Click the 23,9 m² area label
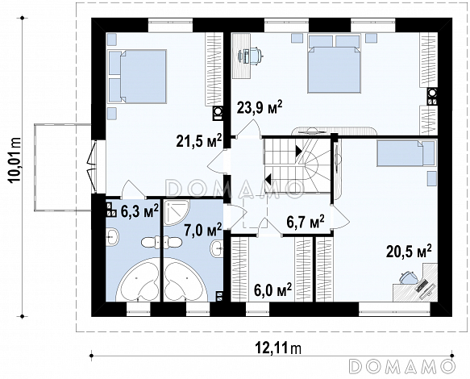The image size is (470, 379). [x=260, y=107]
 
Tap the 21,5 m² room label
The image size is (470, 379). [x=199, y=140]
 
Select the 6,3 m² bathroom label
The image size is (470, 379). [x=139, y=211]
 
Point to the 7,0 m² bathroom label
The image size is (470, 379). [x=203, y=231]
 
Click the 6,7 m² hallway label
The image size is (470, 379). [x=306, y=223]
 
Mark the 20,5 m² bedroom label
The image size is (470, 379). [x=409, y=251]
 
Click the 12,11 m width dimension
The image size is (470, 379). [x=278, y=348]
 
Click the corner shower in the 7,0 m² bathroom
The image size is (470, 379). [x=176, y=213]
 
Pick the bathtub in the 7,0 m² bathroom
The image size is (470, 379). [x=186, y=280]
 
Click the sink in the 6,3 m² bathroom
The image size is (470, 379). [x=112, y=237]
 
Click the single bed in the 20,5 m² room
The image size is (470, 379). [x=406, y=153]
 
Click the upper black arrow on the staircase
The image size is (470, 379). [x=299, y=151]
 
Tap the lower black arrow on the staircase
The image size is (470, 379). [x=268, y=180]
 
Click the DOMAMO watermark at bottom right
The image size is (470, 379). [x=402, y=366]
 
